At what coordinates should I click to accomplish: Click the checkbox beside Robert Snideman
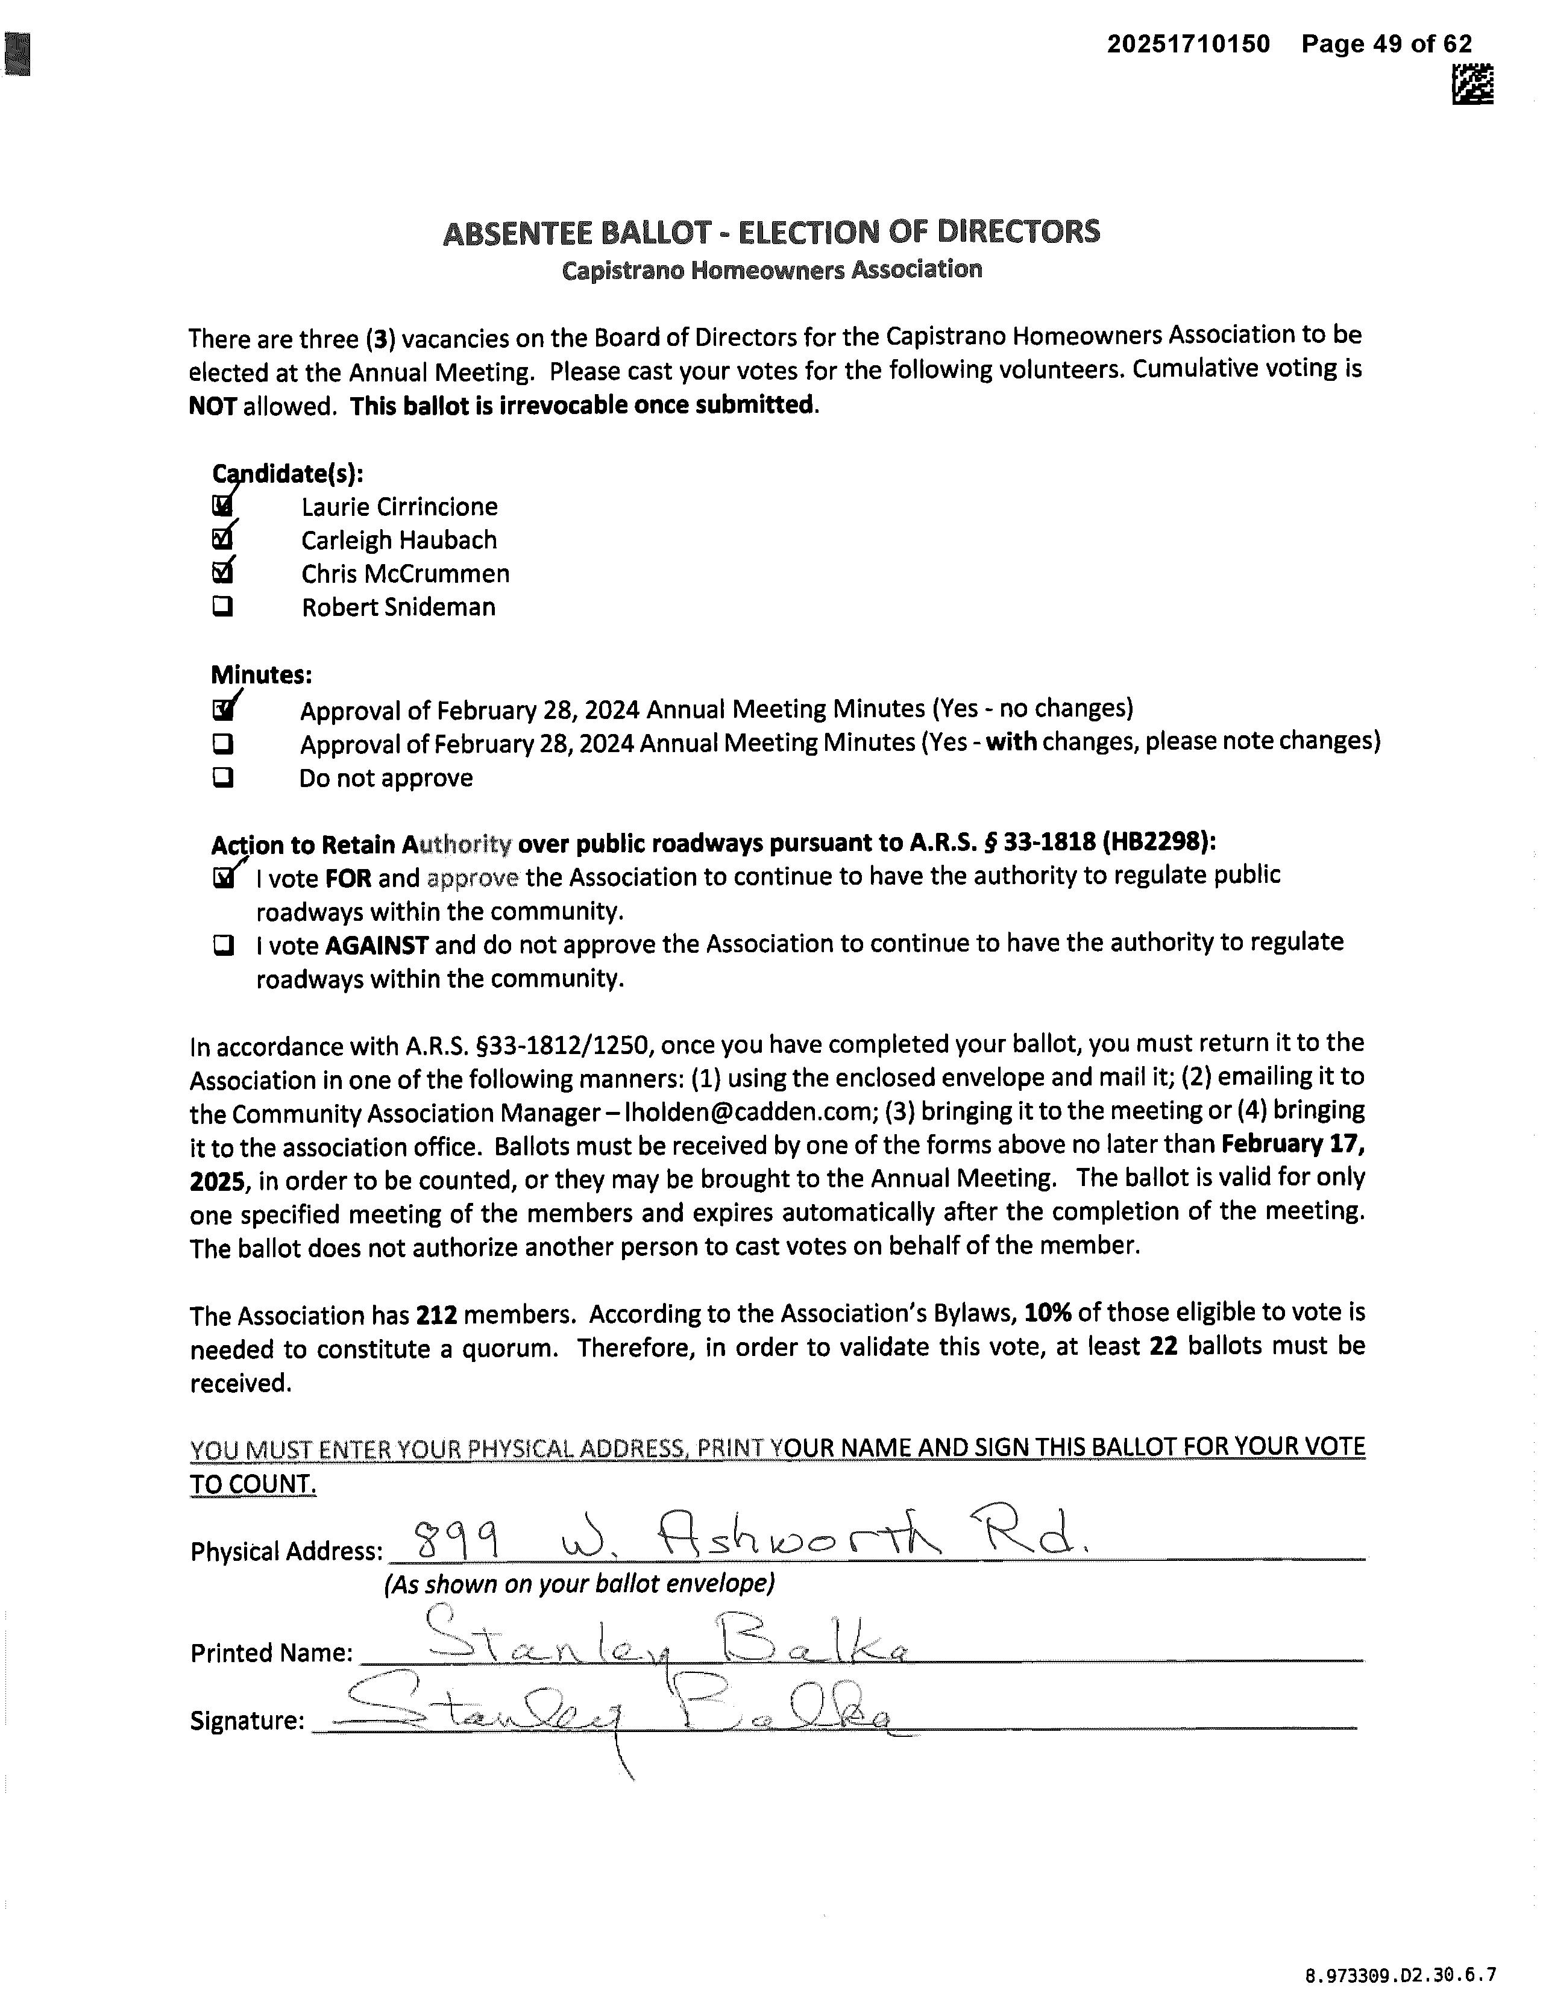[222, 607]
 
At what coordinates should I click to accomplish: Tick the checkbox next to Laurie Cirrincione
[222, 506]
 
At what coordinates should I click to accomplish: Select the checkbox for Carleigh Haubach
[222, 540]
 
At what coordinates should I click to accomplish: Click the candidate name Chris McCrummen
[405, 574]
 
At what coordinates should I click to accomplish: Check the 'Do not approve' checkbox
[222, 778]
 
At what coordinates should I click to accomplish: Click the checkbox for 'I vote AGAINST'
[222, 945]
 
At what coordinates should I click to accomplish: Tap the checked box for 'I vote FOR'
[222, 878]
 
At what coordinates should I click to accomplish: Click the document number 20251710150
[1189, 44]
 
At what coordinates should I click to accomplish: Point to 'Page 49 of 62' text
[1387, 44]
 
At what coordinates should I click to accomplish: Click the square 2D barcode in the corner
[1472, 84]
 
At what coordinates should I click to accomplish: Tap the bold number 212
[436, 1315]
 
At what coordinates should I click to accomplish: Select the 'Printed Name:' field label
[271, 1652]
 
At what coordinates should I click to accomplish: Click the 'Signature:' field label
[247, 1721]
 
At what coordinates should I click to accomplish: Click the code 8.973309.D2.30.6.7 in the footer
[1400, 1974]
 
